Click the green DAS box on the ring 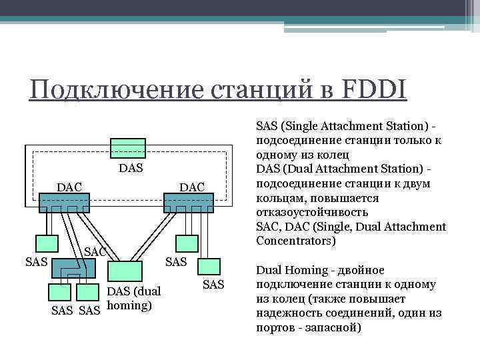[x=128, y=149]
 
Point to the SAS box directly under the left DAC [x=49, y=245]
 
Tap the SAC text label [x=96, y=252]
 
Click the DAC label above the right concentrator [x=192, y=187]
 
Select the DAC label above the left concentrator [x=69, y=187]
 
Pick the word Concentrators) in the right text [x=296, y=240]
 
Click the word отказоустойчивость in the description [x=307, y=212]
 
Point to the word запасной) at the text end [x=335, y=328]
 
